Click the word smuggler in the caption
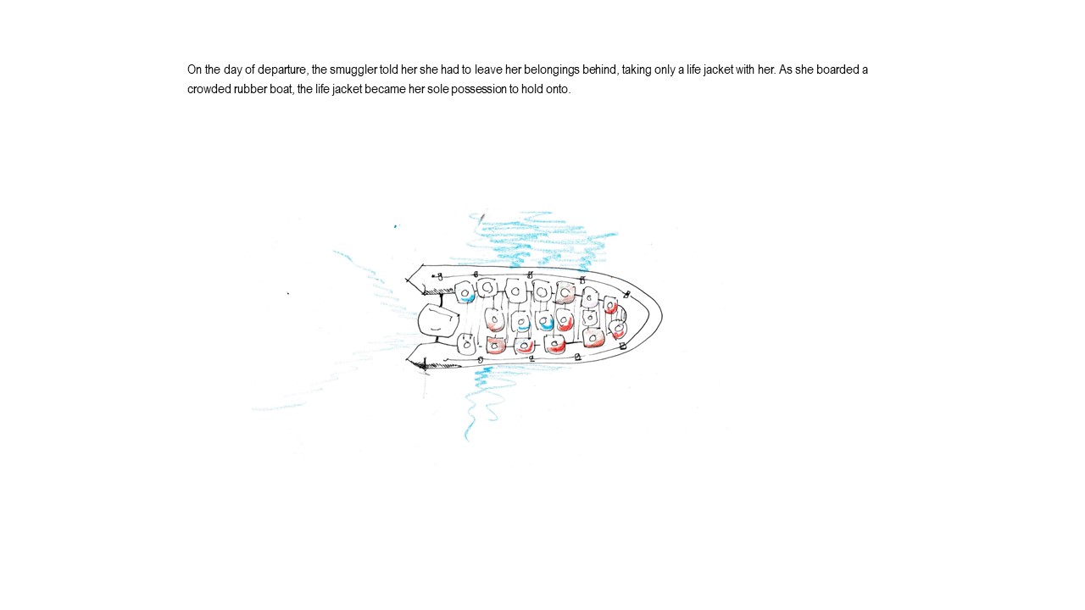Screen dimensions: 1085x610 point(353,70)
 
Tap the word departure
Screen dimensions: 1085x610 point(282,70)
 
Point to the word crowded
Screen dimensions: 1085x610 point(209,90)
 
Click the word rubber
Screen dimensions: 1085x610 point(250,90)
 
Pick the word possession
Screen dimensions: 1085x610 point(478,90)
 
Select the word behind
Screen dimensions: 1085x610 point(600,69)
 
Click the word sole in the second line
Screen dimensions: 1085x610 point(437,90)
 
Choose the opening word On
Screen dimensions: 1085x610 point(194,69)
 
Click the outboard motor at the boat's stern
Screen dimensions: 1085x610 point(437,319)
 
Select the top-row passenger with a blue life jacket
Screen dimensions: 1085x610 point(465,292)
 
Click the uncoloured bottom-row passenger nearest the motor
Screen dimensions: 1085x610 point(466,344)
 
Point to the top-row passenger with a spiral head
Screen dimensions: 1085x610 point(487,288)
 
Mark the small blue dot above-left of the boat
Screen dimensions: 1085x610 point(395,226)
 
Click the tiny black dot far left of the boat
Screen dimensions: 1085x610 point(288,293)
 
